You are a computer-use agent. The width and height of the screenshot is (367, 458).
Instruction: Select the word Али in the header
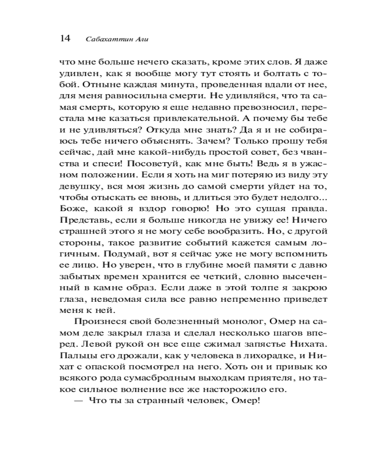coord(140,39)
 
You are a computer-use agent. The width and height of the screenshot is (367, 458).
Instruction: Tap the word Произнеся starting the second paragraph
coord(98,322)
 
